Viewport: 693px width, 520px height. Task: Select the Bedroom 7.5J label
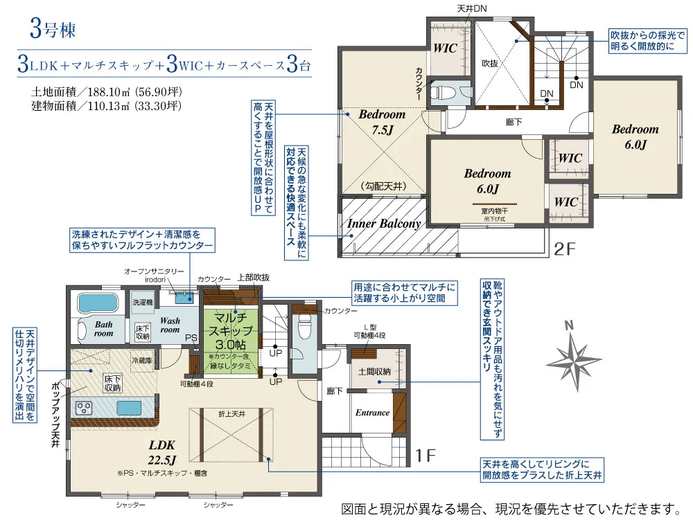click(382, 122)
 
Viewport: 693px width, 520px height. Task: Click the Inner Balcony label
click(383, 224)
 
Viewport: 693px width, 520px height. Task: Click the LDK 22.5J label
click(161, 451)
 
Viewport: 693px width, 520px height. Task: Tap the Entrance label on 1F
click(372, 413)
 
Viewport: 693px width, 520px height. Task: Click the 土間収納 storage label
click(374, 372)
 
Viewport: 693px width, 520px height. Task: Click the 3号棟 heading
click(52, 30)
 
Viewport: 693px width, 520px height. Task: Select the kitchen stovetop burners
click(85, 407)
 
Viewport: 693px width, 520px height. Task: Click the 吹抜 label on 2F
click(490, 62)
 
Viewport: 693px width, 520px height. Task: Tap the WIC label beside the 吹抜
click(446, 48)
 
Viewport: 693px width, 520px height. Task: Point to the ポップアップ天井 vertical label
click(55, 415)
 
